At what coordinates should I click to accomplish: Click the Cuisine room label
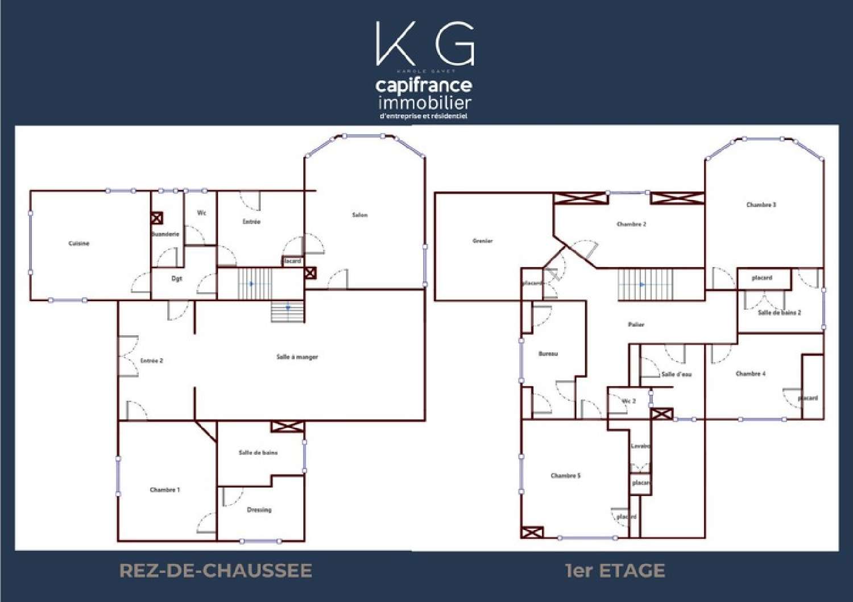[x=79, y=243]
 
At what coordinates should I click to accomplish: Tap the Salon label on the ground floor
[x=360, y=215]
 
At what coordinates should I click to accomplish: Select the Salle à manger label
[x=297, y=357]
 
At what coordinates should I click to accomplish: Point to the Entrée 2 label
[x=152, y=360]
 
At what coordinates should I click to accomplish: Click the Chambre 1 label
[x=165, y=489]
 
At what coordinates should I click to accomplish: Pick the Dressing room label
[x=259, y=509]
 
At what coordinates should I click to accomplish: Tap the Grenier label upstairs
[x=483, y=241]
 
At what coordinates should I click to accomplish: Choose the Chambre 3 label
[x=761, y=205]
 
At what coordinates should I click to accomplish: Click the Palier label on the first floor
[x=636, y=325]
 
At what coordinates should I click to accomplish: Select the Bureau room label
[x=548, y=354]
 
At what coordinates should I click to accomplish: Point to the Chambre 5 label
[x=566, y=476]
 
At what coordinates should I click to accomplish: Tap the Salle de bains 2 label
[x=780, y=313]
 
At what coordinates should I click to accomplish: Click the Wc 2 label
[x=629, y=401]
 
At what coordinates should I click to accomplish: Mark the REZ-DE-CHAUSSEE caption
[x=216, y=571]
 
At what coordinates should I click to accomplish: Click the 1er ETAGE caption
[x=615, y=571]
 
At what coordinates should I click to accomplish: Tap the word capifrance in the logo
[x=424, y=86]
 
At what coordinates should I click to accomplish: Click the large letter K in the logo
[x=395, y=44]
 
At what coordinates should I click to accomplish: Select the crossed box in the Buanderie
[x=157, y=218]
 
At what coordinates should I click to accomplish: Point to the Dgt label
[x=177, y=279]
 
